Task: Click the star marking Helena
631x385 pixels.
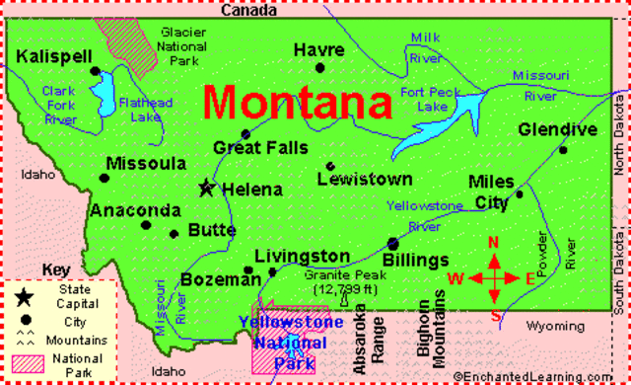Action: tap(207, 187)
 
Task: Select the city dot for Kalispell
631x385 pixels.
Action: tap(96, 72)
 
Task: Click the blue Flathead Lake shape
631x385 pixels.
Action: tap(103, 95)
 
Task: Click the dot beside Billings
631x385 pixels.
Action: tap(393, 242)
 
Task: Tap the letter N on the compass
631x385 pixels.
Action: tap(495, 244)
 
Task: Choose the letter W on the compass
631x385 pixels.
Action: tap(456, 277)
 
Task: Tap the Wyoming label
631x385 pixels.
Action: tap(555, 326)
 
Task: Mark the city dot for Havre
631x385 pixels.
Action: tap(319, 67)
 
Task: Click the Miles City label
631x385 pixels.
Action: tap(491, 192)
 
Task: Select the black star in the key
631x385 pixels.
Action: tap(22, 295)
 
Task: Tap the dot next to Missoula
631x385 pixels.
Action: tap(105, 179)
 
